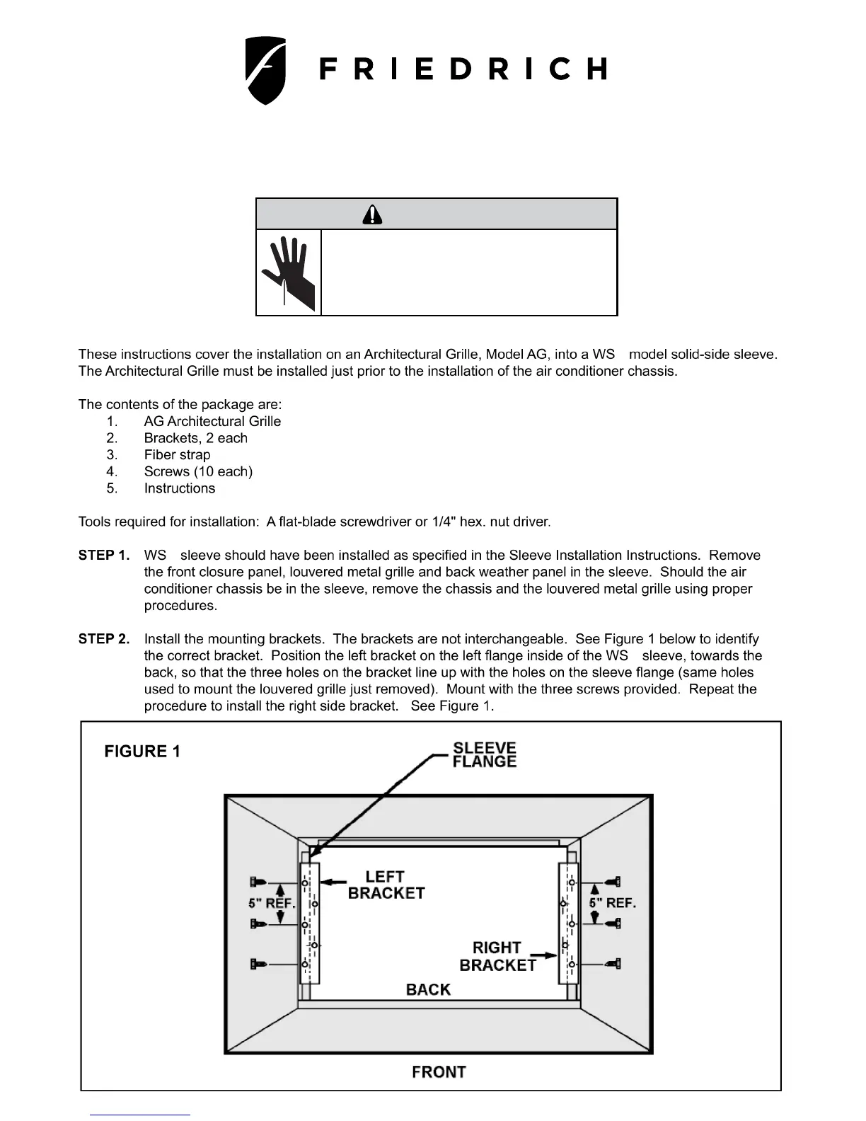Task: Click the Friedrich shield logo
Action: [x=265, y=70]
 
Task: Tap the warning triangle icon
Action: [x=372, y=214]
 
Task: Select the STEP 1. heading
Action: [x=104, y=556]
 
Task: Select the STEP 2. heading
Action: [x=104, y=639]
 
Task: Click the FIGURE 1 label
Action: [x=142, y=752]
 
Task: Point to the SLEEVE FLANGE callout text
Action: [x=485, y=755]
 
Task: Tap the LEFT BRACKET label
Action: [x=386, y=885]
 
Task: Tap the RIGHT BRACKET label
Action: [x=497, y=956]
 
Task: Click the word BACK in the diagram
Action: [x=428, y=989]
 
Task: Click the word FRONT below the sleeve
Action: [x=439, y=1071]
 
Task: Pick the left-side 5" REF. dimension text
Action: [x=272, y=903]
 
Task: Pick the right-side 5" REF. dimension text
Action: [x=613, y=903]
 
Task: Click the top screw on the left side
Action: [x=258, y=882]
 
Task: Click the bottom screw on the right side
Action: [x=614, y=963]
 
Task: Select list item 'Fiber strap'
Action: [x=177, y=455]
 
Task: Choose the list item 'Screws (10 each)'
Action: [x=198, y=471]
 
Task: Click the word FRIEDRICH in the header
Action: [x=463, y=69]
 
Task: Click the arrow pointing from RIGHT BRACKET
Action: [x=543, y=956]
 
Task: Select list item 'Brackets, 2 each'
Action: [x=196, y=438]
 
